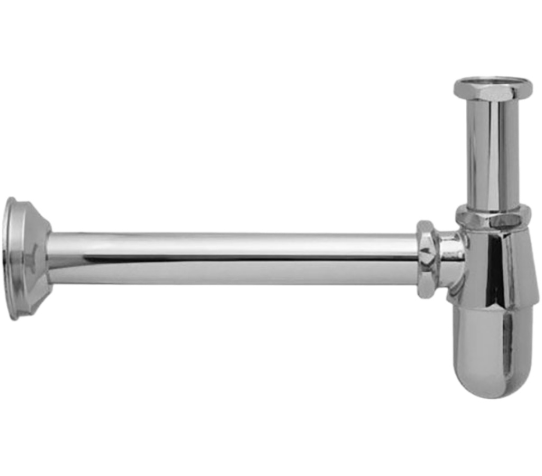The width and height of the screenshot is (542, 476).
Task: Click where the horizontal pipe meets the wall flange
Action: click(x=53, y=258)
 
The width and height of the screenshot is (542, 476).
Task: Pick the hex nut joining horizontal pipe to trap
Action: click(x=427, y=259)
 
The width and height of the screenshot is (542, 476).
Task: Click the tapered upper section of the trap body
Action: click(x=495, y=265)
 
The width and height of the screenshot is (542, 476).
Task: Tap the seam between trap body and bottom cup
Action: click(x=495, y=306)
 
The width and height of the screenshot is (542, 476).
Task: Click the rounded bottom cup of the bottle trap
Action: click(x=495, y=350)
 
